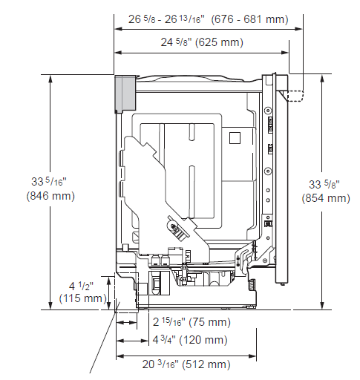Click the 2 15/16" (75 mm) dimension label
191,322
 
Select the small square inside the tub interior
235,137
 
